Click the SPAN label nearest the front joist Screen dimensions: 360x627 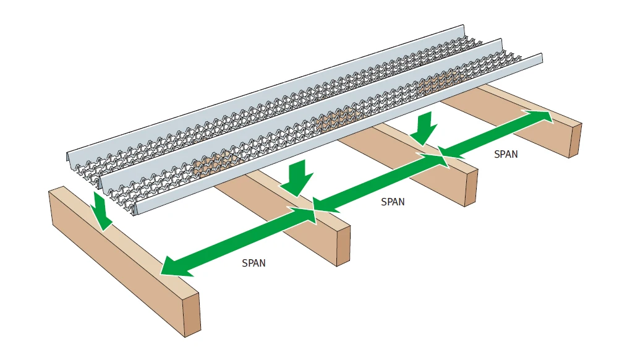pos(254,263)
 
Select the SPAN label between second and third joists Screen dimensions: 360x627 pos(393,202)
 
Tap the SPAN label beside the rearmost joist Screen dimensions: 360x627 pos(506,154)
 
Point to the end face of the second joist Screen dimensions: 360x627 pos(343,246)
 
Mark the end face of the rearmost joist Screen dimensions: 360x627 pos(575,140)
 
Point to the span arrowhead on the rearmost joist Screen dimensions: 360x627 pos(540,116)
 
